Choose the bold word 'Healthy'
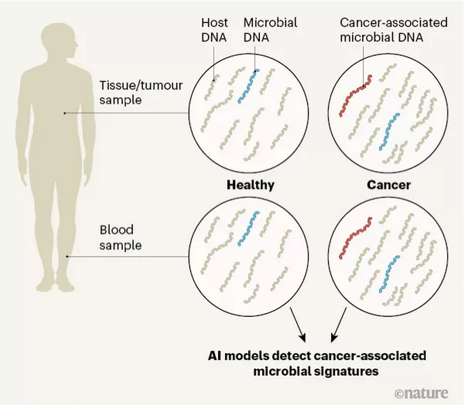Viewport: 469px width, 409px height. tap(251, 185)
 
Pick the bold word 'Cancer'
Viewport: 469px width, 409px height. tap(388, 185)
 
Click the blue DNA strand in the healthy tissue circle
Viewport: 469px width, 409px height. tap(248, 87)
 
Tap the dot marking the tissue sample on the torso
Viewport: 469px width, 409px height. tap(64, 112)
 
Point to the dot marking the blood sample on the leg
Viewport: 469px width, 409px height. tap(67, 256)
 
